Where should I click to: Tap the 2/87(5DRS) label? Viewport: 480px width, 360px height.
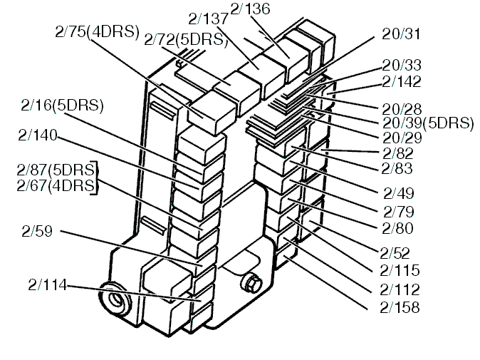pos(56,171)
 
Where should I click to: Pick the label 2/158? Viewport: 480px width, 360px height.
pos(401,308)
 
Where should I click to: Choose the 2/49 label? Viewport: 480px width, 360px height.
pos(398,193)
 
